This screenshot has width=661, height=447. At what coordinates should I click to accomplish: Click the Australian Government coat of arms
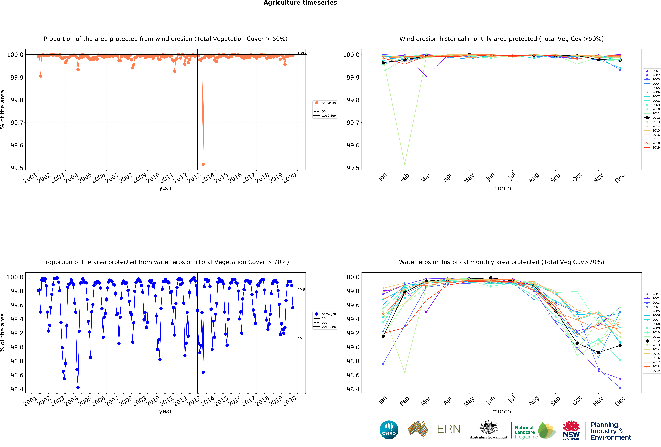[488, 427]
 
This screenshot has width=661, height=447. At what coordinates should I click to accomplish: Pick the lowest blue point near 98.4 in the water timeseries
[78, 388]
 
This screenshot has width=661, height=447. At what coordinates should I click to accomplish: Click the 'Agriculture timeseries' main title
[300, 3]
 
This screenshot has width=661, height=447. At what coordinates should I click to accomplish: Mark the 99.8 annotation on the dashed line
[301, 290]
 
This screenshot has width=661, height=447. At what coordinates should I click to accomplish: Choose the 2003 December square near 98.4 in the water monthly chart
[620, 388]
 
